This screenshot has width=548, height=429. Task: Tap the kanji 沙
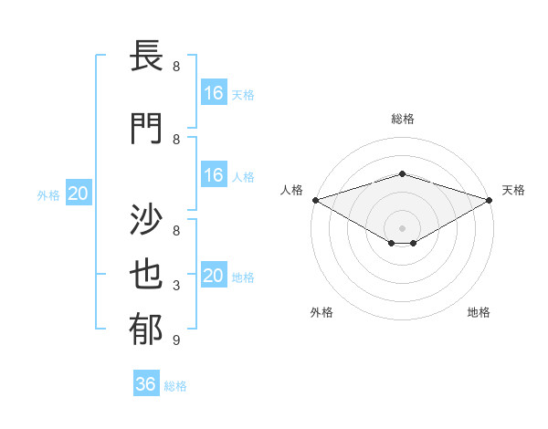coord(146,219)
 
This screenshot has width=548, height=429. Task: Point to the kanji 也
coord(146,277)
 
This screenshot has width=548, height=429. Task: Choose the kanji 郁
coord(146,331)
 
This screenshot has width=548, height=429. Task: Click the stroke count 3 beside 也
coord(176,286)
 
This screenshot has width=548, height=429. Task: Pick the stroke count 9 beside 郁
coord(176,340)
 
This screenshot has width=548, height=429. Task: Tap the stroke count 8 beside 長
coord(176,67)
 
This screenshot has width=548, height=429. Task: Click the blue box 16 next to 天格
coord(214,93)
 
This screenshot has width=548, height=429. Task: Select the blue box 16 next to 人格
coord(214,175)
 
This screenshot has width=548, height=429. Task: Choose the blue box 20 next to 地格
coord(214,276)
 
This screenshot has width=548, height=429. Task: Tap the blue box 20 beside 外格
coord(79,194)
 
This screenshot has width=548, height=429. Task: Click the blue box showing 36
coord(146,384)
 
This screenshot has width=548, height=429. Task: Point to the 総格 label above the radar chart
coord(402,119)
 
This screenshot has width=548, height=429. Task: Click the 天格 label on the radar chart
coord(513,190)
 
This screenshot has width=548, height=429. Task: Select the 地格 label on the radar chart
coord(479,312)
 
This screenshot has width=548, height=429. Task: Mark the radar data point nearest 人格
coord(315,199)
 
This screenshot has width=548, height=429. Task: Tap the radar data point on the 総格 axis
coord(402,173)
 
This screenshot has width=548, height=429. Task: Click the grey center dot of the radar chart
coord(402,226)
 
